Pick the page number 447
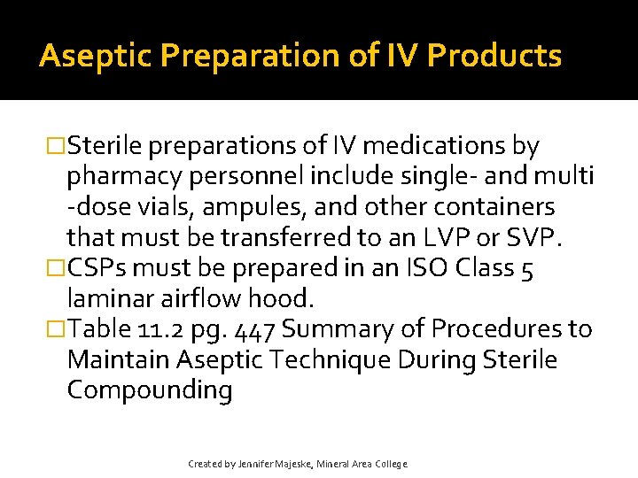pos(255,331)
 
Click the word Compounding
pos(149,391)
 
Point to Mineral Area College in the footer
pos(366,464)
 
